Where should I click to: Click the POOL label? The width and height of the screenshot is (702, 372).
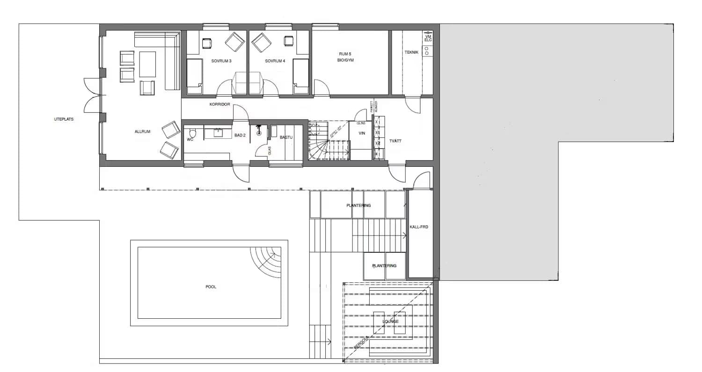211,286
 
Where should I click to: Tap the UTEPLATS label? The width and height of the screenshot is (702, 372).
64,119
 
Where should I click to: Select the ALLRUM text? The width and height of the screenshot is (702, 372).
142,132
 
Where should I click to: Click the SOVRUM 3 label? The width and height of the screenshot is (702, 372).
221,61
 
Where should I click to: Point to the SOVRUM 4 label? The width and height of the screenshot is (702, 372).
275,61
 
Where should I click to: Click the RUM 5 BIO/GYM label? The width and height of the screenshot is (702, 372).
345,57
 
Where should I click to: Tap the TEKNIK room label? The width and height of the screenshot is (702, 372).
411,52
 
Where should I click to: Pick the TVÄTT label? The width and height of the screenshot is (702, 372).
395,141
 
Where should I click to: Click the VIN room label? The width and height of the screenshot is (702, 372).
361,133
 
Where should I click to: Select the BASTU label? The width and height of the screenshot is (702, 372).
285,137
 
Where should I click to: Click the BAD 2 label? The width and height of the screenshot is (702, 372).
240,135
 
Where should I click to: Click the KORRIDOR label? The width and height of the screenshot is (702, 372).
219,104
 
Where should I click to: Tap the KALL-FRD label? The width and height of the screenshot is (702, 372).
419,227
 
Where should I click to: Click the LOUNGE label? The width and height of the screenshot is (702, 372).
390,322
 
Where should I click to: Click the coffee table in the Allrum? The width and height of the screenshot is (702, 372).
147,64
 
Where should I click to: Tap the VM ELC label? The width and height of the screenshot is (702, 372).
428,38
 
